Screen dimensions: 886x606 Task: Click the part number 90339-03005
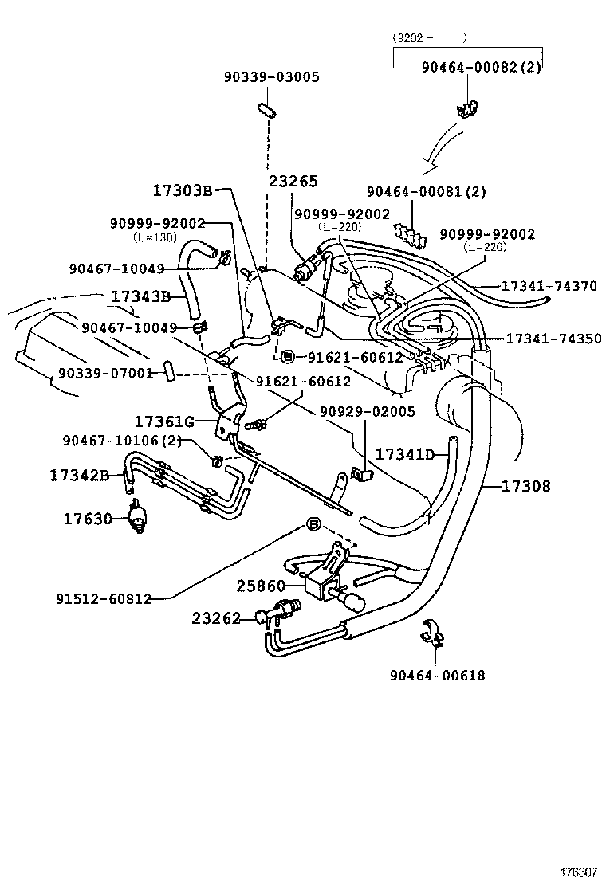(x=271, y=77)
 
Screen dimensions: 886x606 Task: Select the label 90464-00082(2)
(x=481, y=68)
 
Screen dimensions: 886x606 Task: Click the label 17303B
(x=183, y=190)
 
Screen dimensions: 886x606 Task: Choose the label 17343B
(x=141, y=296)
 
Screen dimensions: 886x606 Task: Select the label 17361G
(x=164, y=421)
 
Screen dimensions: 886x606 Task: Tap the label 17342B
(x=79, y=475)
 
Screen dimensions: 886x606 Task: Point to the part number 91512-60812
(x=104, y=598)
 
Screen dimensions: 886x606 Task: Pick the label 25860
(x=260, y=586)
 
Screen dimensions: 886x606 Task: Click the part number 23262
(x=215, y=617)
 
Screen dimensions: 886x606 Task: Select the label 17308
(x=525, y=485)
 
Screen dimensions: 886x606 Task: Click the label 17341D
(x=405, y=454)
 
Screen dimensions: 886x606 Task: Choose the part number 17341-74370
(x=549, y=285)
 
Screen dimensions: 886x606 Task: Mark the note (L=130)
(x=155, y=237)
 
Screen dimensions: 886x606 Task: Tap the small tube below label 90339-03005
(x=267, y=109)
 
